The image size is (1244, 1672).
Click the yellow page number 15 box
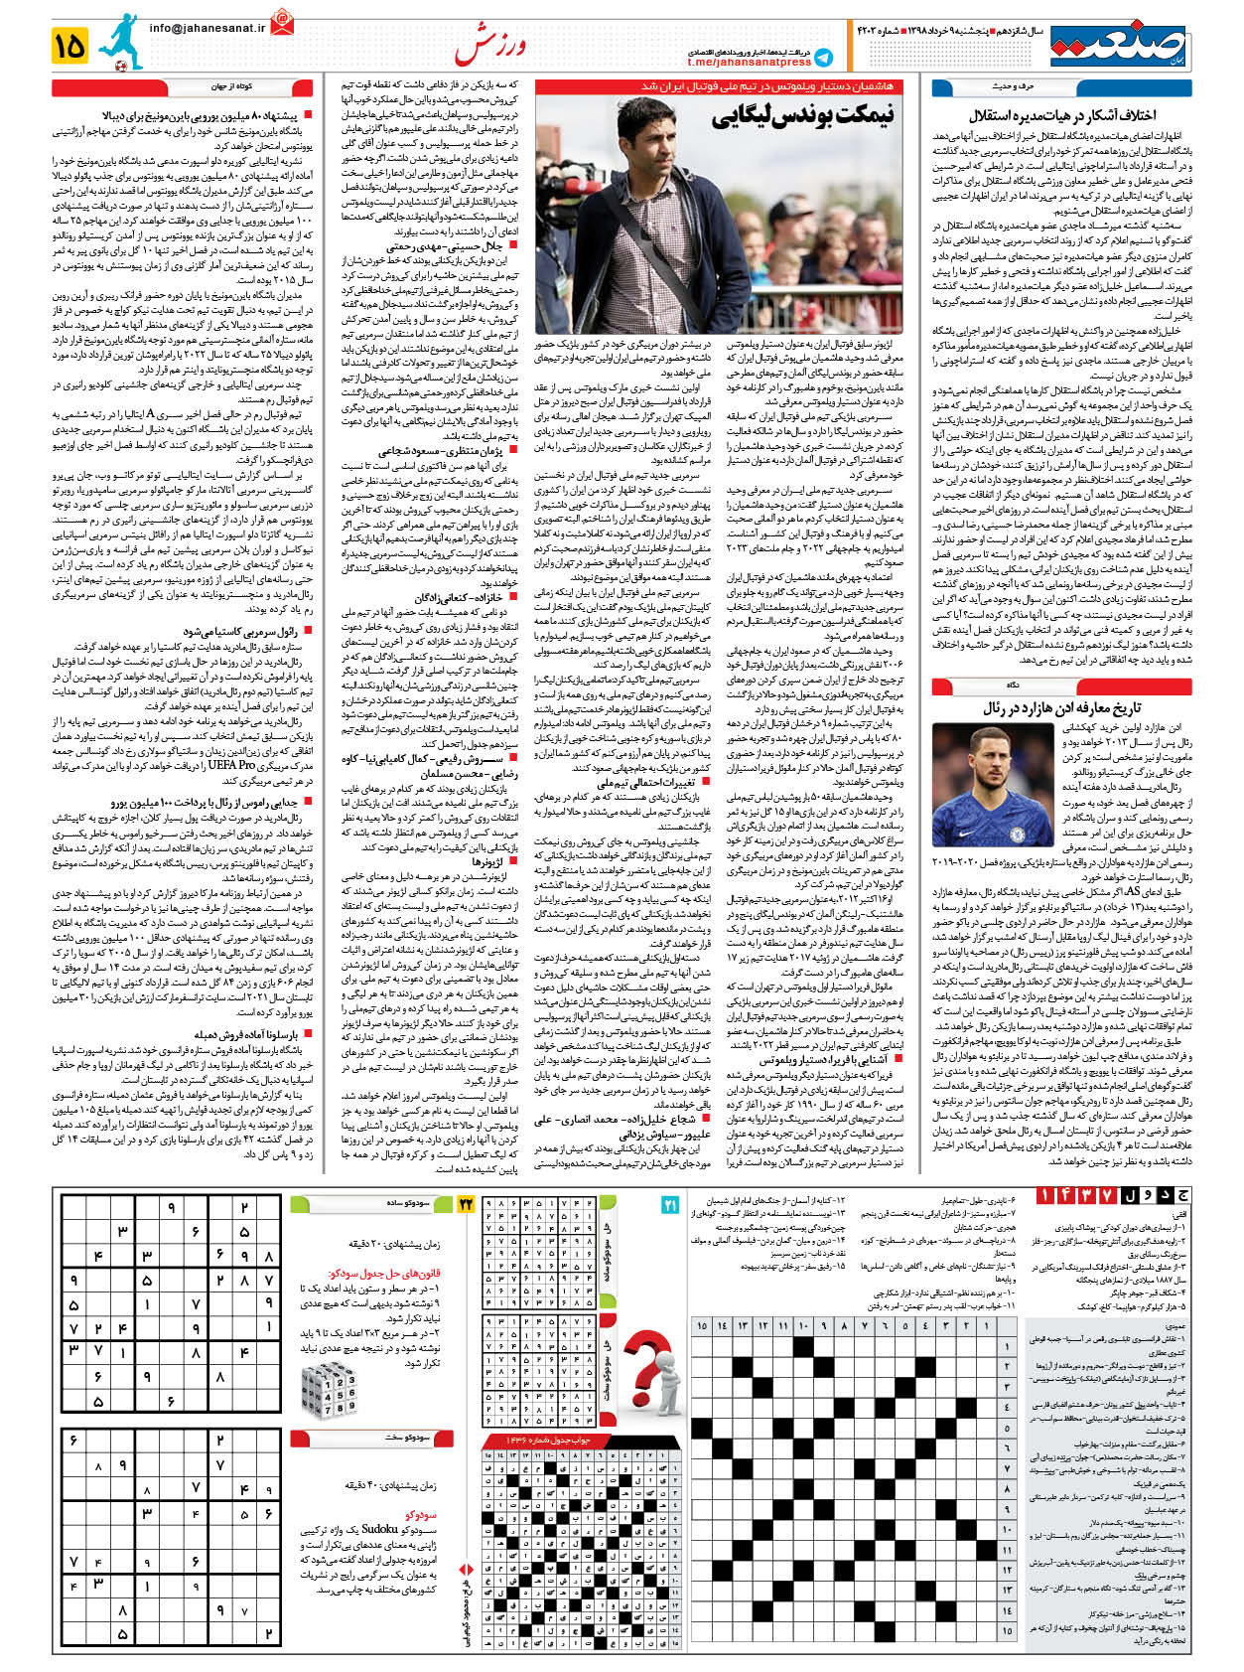(71, 45)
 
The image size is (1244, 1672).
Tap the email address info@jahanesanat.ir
(207, 29)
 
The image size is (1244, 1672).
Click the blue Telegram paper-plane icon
(822, 59)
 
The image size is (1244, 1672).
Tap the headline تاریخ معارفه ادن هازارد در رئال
(1061, 707)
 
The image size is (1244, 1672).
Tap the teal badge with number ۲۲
(466, 1205)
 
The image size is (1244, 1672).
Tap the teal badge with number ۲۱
(669, 1205)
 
